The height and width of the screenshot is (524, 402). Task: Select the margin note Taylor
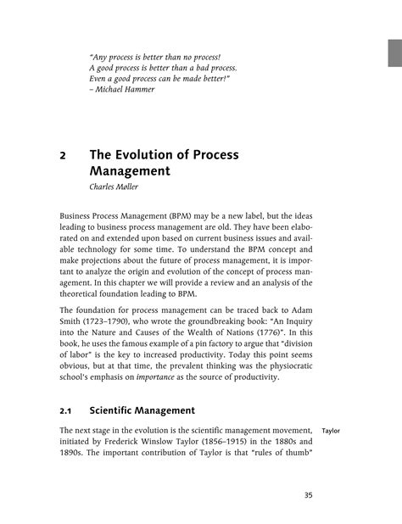coord(332,431)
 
